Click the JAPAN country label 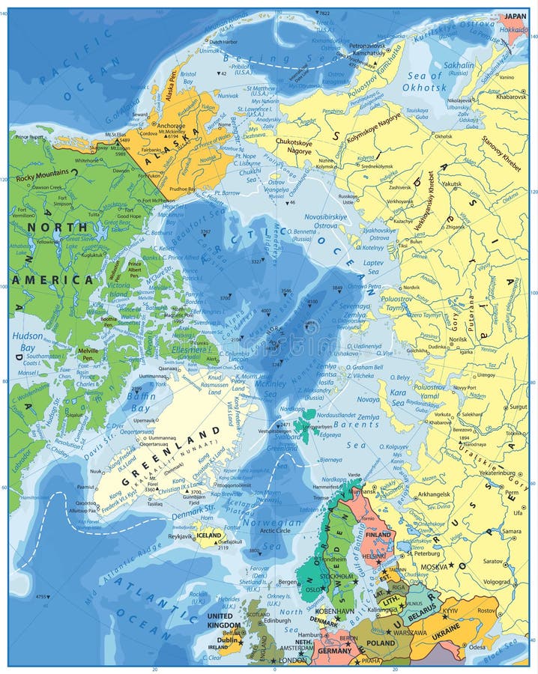[515, 16]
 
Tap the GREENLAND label [169, 458]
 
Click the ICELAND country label [209, 535]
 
